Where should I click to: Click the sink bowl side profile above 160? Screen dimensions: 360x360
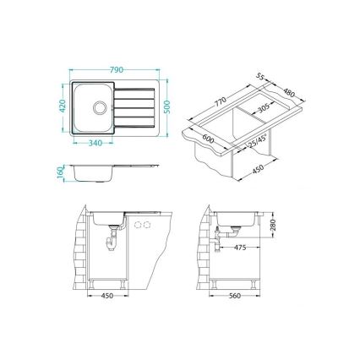click(95, 174)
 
